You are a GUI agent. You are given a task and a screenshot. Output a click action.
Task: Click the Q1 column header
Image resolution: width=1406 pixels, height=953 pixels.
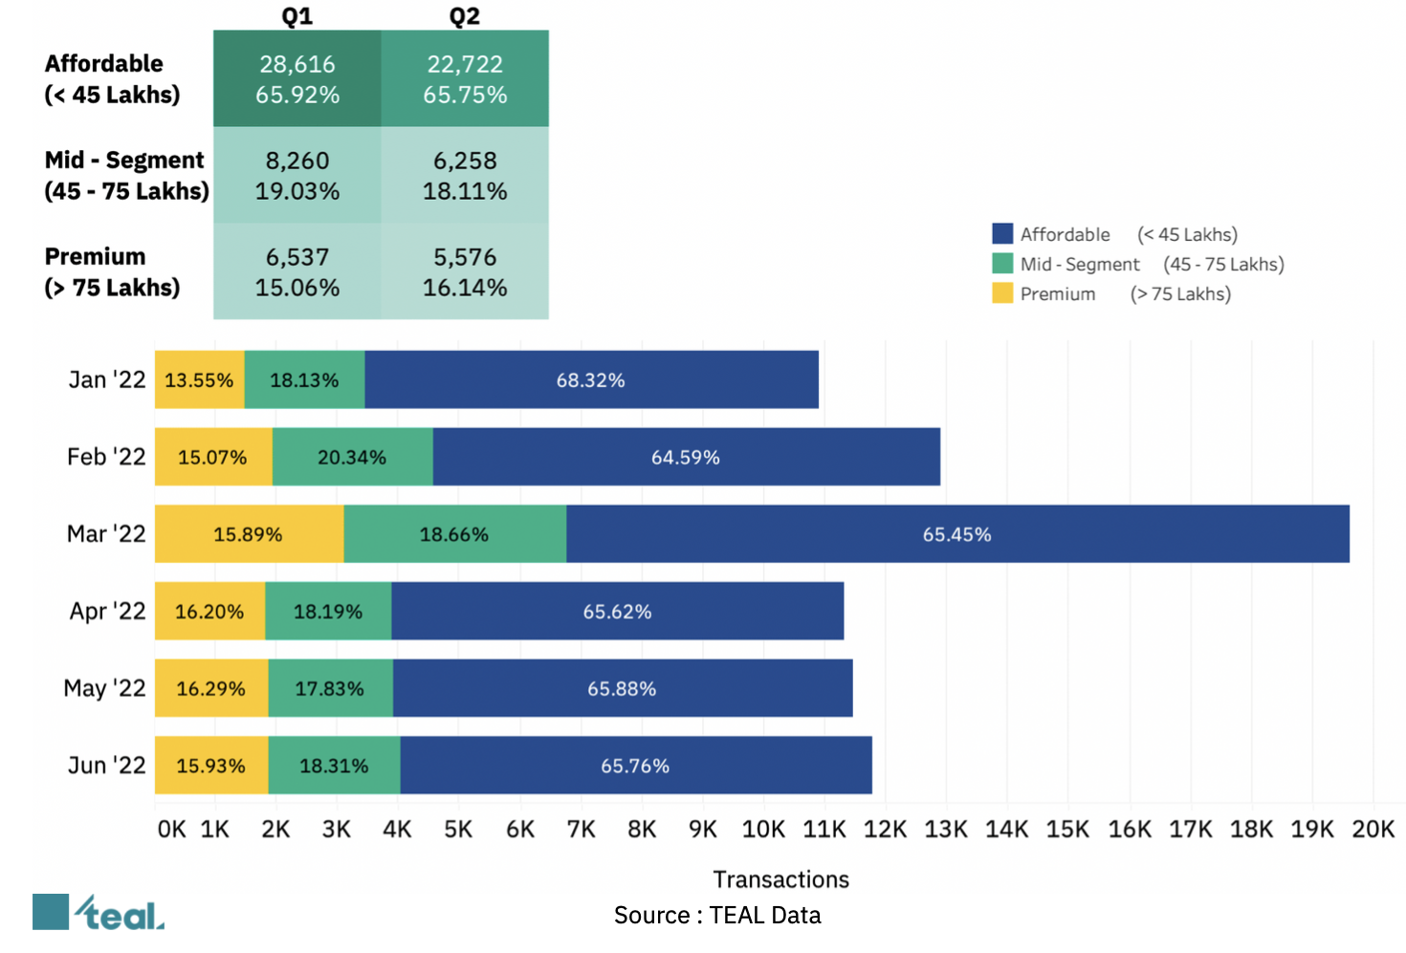click(297, 16)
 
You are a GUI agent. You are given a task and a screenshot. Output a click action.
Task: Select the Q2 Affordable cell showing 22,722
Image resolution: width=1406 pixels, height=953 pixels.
click(465, 78)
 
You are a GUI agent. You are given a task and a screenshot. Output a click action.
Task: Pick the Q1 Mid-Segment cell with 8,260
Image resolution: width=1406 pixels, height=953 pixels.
click(297, 175)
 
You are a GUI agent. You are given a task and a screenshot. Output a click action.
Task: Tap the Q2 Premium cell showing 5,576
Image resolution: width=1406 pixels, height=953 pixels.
click(465, 271)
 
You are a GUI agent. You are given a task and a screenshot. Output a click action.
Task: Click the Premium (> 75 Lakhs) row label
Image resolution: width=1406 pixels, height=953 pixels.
click(112, 271)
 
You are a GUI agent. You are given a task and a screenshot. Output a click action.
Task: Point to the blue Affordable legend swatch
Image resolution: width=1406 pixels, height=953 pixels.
click(1002, 234)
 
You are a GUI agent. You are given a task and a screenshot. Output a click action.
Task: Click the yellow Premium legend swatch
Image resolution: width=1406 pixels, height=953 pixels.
click(1002, 293)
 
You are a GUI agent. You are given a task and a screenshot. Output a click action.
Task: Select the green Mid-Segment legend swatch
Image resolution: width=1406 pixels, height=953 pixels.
click(1002, 264)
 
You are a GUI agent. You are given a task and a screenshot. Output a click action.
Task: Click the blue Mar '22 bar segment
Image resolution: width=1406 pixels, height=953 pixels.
click(957, 534)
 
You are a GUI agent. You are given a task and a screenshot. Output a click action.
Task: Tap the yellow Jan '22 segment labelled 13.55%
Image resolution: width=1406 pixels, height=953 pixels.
click(199, 380)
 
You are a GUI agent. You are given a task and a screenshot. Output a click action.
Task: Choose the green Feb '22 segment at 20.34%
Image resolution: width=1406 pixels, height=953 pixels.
click(352, 458)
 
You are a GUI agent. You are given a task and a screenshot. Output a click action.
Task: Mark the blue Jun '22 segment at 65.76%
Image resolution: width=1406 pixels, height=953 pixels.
click(635, 766)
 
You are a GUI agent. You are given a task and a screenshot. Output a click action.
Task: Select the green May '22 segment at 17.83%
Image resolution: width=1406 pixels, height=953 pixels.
click(330, 688)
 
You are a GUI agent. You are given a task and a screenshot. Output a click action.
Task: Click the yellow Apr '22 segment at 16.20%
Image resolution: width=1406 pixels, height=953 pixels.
click(209, 612)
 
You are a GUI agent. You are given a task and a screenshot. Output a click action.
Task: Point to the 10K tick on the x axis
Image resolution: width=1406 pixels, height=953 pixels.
click(763, 829)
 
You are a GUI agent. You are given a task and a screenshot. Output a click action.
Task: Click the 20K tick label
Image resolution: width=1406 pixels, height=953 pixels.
click(1373, 829)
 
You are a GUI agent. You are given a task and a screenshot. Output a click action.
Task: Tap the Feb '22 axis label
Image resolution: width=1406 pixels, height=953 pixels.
click(106, 457)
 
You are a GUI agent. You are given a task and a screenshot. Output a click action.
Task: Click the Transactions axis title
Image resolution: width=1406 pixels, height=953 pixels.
click(780, 879)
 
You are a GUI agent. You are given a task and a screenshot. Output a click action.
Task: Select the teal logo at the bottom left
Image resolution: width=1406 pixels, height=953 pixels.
click(99, 913)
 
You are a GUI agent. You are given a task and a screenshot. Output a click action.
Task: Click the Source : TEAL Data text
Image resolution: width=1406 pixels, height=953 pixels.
click(717, 916)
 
